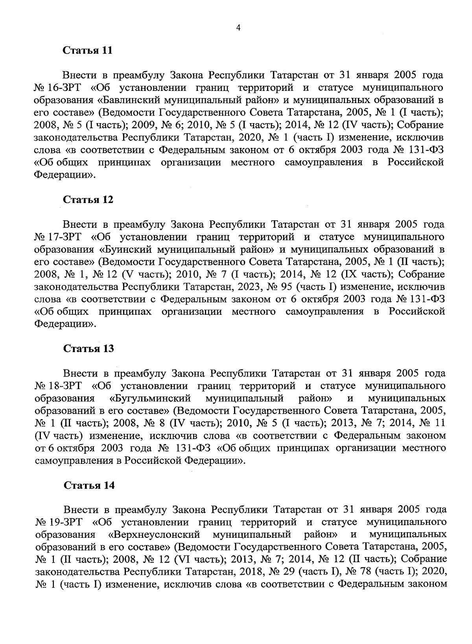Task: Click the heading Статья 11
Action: click(x=88, y=51)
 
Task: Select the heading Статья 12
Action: click(x=88, y=199)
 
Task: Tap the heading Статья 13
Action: click(x=88, y=349)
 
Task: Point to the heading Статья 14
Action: click(x=89, y=485)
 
